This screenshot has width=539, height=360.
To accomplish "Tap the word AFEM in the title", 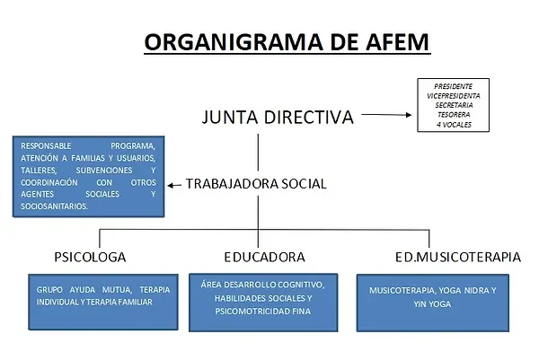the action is tap(397, 42).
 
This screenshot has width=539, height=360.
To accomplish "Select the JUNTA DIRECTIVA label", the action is tap(278, 117).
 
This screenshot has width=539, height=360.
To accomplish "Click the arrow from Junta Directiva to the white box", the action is tap(386, 115).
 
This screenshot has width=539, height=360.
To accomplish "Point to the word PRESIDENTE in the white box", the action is tap(453, 86).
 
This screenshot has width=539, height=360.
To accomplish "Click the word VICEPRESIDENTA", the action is tap(453, 96).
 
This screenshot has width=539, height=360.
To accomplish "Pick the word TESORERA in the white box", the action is tap(454, 115).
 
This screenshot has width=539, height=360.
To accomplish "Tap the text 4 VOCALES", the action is tap(454, 125).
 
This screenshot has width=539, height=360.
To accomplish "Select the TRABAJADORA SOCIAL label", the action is tap(256, 184).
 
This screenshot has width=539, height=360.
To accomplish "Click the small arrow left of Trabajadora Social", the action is tap(174, 186).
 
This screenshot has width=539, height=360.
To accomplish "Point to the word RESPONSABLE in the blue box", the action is tap(46, 146).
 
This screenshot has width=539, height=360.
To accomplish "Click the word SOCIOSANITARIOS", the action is tap(54, 206).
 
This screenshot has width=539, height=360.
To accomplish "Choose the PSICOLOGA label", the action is tap(90, 257).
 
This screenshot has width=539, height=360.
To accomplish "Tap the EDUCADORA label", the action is tap(264, 257).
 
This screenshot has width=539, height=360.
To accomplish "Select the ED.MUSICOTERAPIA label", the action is tap(458, 257).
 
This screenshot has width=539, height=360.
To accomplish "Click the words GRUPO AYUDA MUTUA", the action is tap(84, 290).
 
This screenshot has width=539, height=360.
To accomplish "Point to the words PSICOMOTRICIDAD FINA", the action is tap(263, 312).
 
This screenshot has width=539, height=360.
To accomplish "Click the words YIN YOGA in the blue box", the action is tap(432, 304).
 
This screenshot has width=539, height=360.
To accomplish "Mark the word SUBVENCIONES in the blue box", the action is tap(104, 171).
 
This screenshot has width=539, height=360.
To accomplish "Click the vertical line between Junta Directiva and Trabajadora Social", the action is tap(258, 153).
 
